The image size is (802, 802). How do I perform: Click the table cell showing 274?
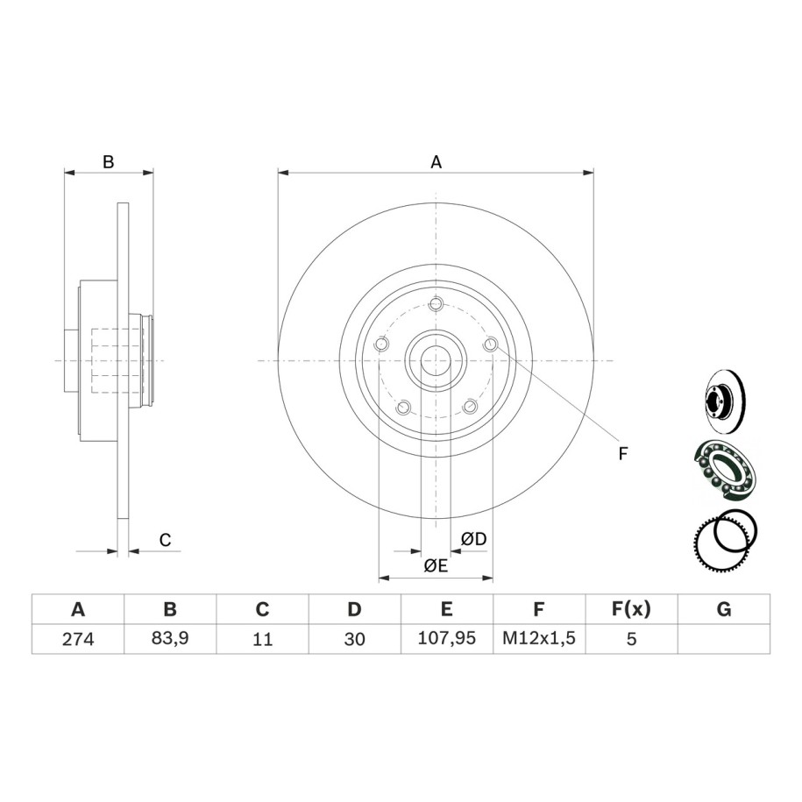tap(78, 639)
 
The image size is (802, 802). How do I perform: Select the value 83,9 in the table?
tap(170, 638)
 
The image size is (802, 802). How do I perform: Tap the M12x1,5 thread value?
tap(539, 638)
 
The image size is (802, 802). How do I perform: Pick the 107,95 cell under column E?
tap(446, 638)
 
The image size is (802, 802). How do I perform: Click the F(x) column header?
tap(631, 608)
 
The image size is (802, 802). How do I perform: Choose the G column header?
tap(724, 609)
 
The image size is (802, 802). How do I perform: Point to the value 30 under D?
tap(354, 639)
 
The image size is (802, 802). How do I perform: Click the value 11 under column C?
tap(262, 639)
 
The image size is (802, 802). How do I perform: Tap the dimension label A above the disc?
tap(436, 162)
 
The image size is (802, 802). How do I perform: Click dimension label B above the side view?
tap(108, 161)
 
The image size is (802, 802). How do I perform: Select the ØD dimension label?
tap(473, 538)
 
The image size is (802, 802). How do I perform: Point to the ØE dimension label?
tap(436, 565)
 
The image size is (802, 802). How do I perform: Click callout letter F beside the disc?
tap(622, 454)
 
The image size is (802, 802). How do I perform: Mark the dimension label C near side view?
tap(165, 540)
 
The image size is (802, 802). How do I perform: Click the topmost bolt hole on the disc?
tap(436, 304)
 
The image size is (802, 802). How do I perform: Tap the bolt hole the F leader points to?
tap(491, 344)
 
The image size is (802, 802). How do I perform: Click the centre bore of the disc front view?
tap(436, 360)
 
